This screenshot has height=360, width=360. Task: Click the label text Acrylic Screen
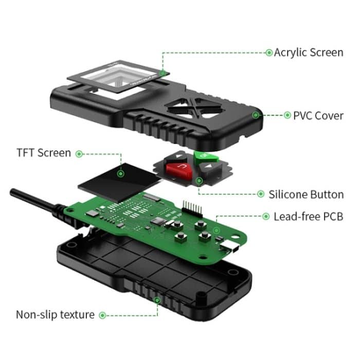(x=309, y=52)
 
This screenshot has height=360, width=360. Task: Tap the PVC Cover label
(x=318, y=115)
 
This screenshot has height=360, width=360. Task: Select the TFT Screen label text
(x=44, y=153)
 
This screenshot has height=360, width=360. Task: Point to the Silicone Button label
(x=306, y=194)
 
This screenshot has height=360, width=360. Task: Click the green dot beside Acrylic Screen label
(x=268, y=52)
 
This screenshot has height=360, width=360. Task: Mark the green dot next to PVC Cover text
(x=287, y=115)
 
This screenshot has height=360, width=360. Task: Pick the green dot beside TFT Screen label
(x=79, y=153)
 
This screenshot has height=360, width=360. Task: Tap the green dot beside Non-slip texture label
(x=102, y=315)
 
